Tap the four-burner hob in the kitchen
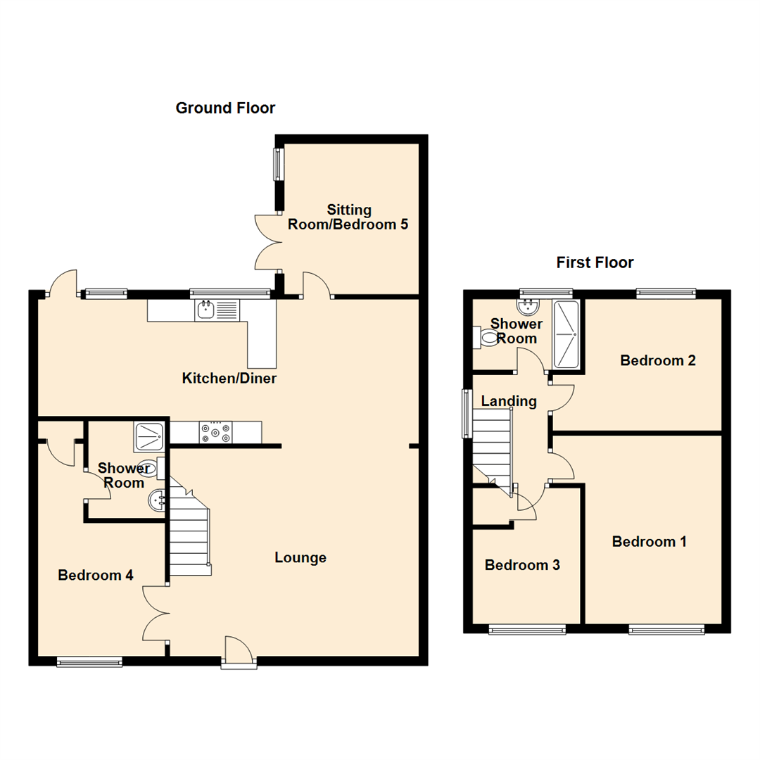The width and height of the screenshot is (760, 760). (x=215, y=432)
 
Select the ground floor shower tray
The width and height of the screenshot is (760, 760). (x=148, y=436)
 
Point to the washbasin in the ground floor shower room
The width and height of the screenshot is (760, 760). (x=157, y=501)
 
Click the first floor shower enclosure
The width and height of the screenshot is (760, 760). (x=566, y=334)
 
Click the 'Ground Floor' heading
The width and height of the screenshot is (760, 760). (x=225, y=108)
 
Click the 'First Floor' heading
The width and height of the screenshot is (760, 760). (x=595, y=262)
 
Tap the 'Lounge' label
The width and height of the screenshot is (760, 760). (x=300, y=558)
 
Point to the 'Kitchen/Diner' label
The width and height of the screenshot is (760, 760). (x=229, y=379)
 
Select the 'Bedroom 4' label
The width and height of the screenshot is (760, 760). (x=96, y=575)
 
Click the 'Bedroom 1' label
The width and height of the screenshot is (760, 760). (x=649, y=542)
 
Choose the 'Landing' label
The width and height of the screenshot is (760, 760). (x=509, y=401)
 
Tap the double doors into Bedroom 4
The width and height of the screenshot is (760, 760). (x=156, y=613)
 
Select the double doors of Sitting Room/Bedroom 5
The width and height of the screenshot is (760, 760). (x=269, y=243)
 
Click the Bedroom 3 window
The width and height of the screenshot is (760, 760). (x=527, y=630)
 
